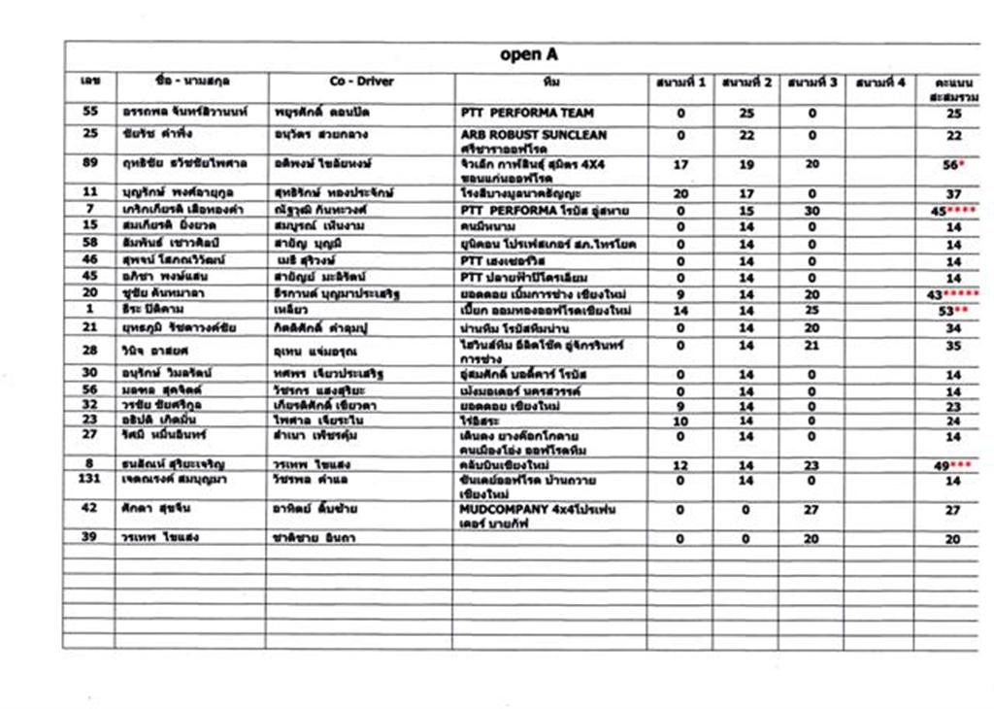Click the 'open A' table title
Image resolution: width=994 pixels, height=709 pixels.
coord(529,54)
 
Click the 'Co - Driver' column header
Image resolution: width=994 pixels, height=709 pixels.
coord(361,82)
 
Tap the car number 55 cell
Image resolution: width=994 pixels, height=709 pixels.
coord(90,113)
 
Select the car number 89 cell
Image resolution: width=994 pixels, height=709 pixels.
coord(90,164)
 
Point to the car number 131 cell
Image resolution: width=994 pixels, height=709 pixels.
coord(90,481)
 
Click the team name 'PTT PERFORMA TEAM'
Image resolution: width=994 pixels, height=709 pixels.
coord(527,113)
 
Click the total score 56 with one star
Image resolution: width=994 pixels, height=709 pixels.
coord(955,165)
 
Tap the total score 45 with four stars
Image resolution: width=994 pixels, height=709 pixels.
coord(955,211)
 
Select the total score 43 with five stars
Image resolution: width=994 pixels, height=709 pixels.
coord(955,294)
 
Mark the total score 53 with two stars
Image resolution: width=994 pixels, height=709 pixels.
coord(955,311)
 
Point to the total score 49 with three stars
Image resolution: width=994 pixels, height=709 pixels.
coord(955,466)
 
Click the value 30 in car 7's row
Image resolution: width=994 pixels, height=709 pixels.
coord(812,211)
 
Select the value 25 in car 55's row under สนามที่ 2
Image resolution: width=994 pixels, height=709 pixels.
coord(746,114)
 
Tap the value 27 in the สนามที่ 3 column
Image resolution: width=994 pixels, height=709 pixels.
coord(812,510)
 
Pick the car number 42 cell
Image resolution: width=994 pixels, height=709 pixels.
coord(90,508)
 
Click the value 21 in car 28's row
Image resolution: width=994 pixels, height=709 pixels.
coord(812,345)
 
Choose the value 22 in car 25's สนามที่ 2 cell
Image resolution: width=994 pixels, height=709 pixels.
coord(746,135)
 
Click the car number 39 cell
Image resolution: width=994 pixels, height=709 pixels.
coord(90,538)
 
